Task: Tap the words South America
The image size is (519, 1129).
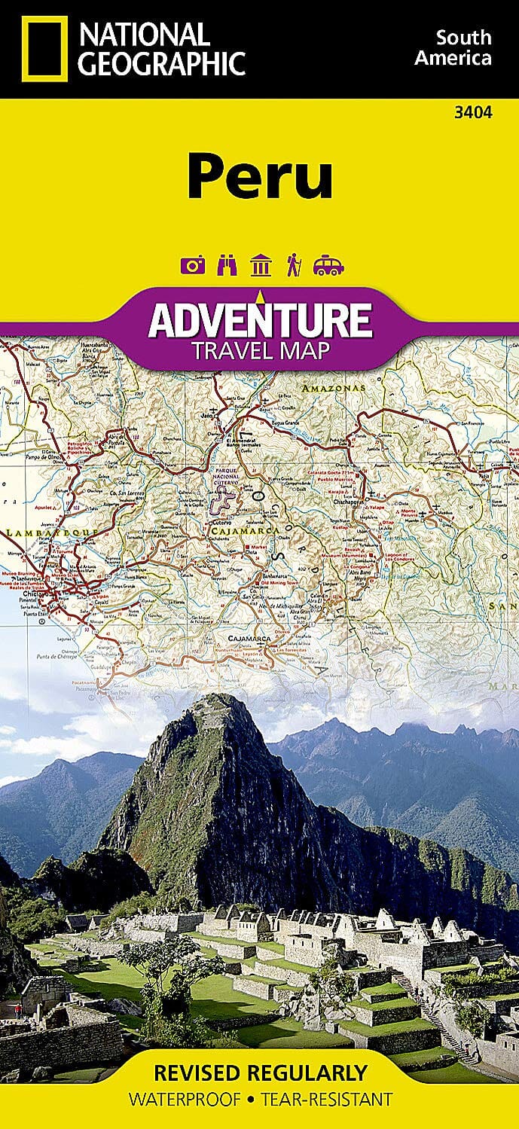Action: [464, 47]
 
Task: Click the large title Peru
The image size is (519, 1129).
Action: [260, 175]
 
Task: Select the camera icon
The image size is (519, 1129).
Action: [191, 265]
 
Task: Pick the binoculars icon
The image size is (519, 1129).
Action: [226, 265]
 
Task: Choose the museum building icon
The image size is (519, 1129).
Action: [261, 265]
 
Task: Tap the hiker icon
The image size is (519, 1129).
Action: [293, 265]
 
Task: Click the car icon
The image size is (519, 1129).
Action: [328, 265]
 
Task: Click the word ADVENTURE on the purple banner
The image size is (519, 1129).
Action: [260, 321]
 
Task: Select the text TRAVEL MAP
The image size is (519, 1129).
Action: [260, 351]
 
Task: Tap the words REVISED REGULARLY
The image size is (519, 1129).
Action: [260, 1072]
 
